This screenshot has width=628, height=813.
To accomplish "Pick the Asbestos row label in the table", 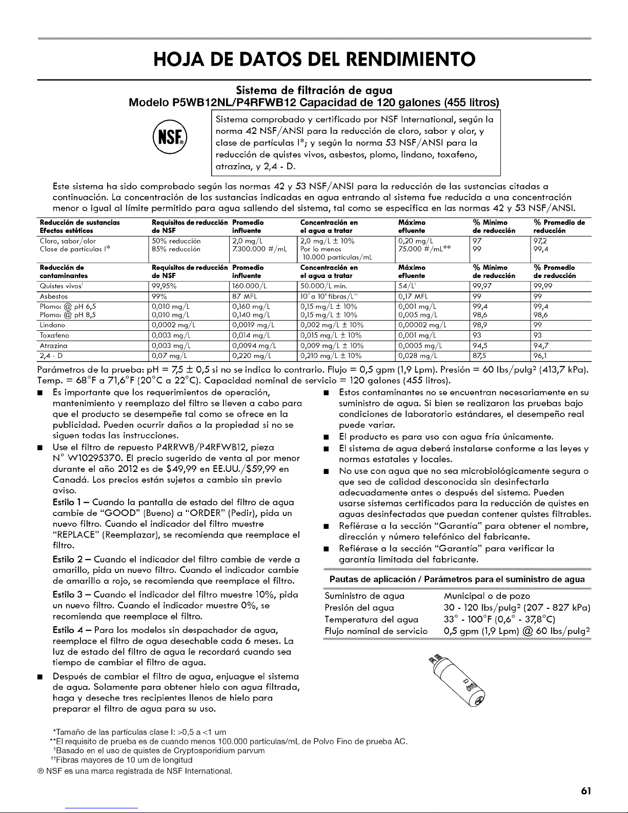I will point(54,296).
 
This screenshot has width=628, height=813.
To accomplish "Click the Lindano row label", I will point(52,325).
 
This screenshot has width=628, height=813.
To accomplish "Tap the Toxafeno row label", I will point(54,335).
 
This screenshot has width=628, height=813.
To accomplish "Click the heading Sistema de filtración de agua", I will point(313,91).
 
